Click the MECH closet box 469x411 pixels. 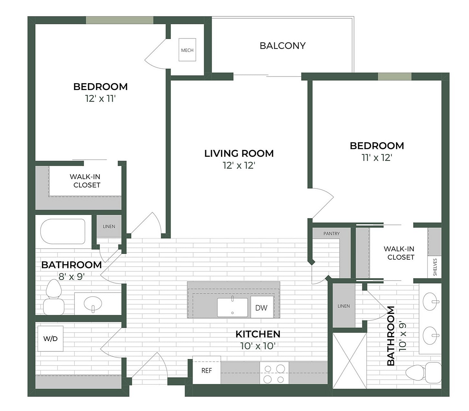click(187, 50)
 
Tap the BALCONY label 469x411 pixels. click(282, 46)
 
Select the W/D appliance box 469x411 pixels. click(50, 338)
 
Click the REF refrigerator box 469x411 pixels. click(206, 370)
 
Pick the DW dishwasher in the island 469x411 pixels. click(261, 308)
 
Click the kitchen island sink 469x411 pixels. click(232, 307)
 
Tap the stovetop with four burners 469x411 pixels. click(274, 374)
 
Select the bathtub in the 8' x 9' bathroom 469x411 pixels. click(63, 231)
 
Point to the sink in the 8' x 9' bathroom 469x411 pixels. click(93, 304)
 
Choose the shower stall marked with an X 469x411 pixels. click(349, 361)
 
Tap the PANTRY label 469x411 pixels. click(331, 234)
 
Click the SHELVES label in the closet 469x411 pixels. click(435, 267)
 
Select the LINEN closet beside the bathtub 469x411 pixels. click(109, 226)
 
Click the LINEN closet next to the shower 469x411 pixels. click(344, 306)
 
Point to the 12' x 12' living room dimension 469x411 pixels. click(239, 165)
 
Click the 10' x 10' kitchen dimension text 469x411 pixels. click(258, 346)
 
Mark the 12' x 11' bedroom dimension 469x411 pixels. click(100, 99)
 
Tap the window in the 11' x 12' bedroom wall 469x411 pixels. click(395, 76)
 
